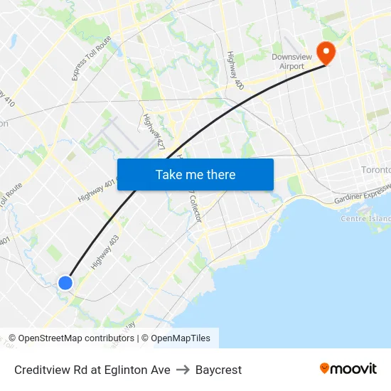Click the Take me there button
point(195,175)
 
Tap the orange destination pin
point(326,51)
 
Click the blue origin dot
point(65,283)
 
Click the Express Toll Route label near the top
point(81,60)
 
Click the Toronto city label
point(375,171)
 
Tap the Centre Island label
point(365,218)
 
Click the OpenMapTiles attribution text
point(181,338)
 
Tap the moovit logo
point(348,368)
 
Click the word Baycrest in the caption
point(218,370)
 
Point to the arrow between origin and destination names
point(183,370)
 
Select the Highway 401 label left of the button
point(95,191)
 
